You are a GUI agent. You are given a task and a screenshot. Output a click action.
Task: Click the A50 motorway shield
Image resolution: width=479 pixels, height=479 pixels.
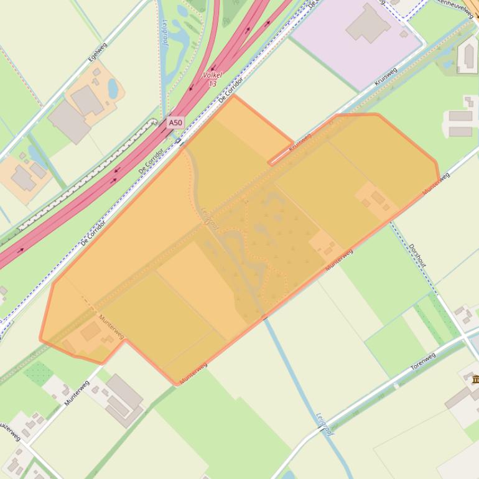[175, 123]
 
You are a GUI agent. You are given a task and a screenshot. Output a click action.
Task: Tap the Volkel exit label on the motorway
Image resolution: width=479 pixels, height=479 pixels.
[212, 79]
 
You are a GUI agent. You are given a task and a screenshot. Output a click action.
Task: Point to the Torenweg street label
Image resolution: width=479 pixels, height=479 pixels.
[423, 361]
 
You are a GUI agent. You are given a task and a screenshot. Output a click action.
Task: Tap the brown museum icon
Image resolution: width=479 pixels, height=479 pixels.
[475, 379]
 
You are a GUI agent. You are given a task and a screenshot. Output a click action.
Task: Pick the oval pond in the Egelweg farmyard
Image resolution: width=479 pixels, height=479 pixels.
[112, 89]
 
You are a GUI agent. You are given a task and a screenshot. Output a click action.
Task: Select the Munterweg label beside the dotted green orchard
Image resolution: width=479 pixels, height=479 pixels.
[77, 393]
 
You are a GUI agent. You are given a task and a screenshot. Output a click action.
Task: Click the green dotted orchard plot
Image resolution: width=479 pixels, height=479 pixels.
[38, 373]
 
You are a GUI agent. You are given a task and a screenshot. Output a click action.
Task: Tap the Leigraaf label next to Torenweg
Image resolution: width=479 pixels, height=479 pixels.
[325, 424]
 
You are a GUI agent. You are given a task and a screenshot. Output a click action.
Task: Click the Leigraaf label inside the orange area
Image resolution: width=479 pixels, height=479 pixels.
[209, 220]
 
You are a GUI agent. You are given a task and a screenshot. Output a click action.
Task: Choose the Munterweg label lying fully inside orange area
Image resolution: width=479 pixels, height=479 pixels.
[112, 327]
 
